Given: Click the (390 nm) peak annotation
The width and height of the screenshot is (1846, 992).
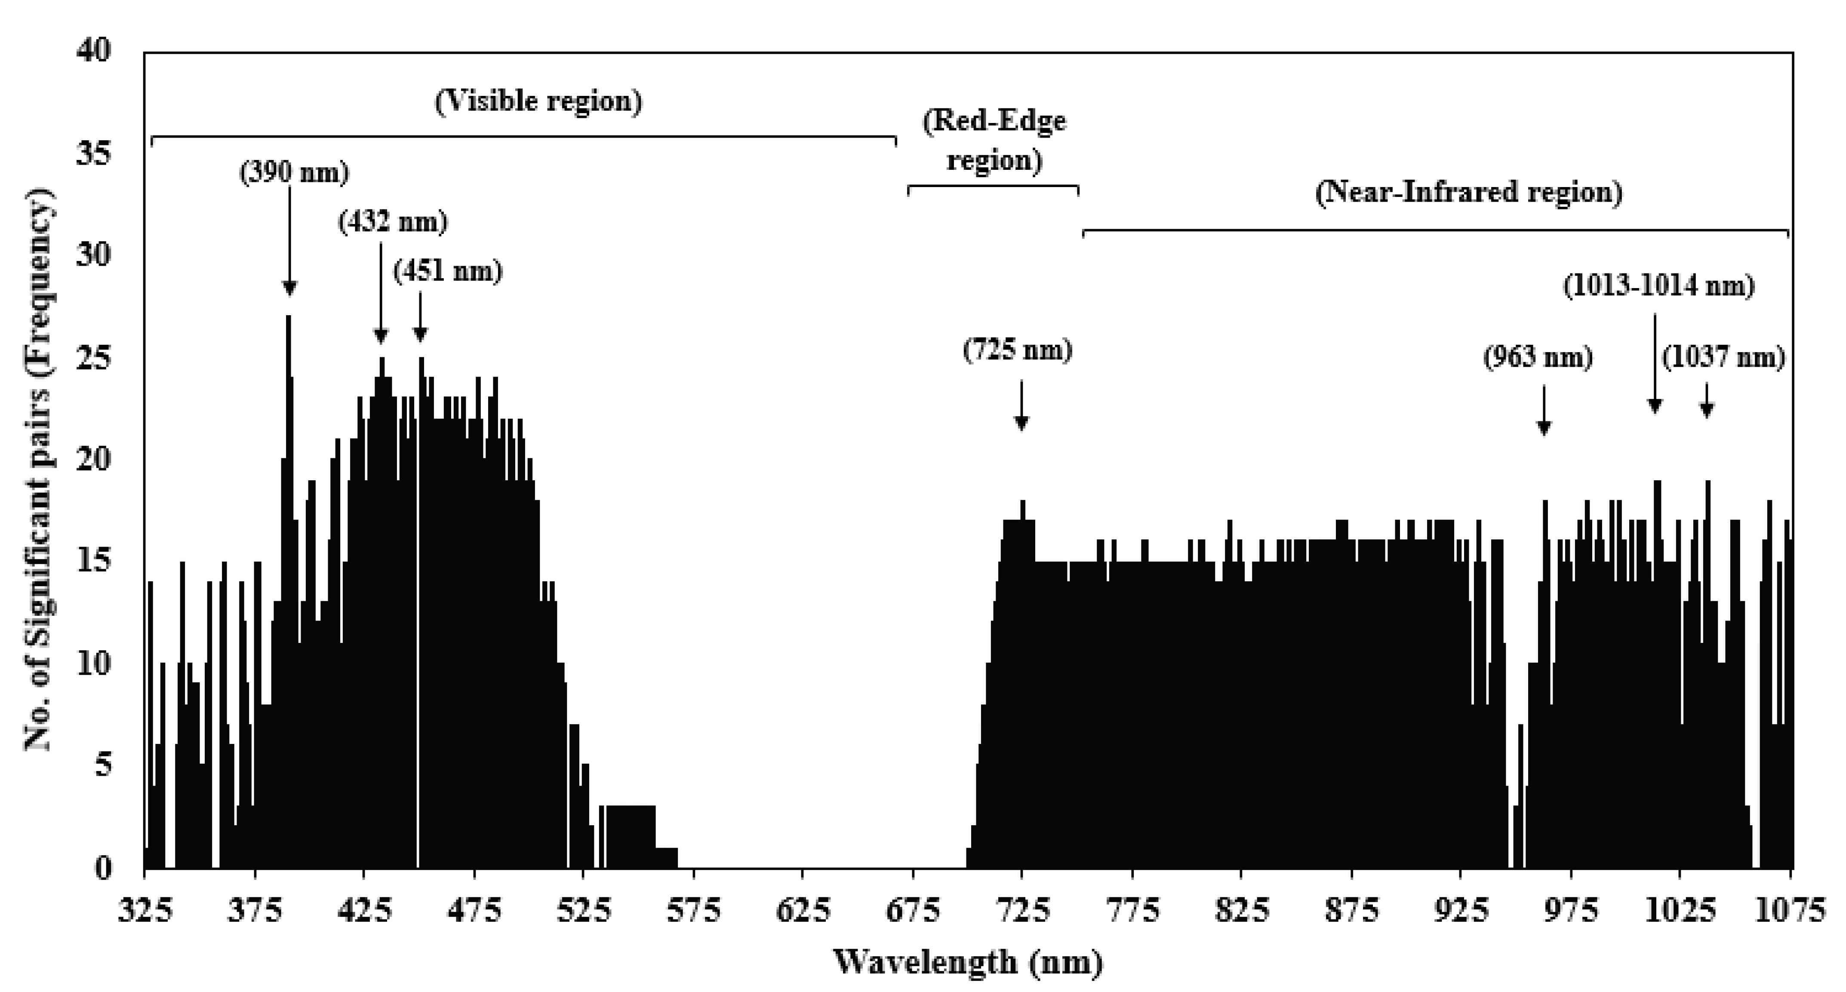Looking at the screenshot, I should [294, 172].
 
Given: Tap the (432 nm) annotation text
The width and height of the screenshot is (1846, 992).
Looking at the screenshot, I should [393, 222].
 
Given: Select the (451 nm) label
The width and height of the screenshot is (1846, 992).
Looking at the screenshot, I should [448, 271].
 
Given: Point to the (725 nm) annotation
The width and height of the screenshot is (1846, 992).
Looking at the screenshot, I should [1018, 350].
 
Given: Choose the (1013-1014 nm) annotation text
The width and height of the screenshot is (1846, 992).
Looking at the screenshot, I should [1658, 286].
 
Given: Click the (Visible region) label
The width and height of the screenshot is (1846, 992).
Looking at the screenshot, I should [538, 101].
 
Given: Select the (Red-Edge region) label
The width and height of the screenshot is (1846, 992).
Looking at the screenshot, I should [994, 140].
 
